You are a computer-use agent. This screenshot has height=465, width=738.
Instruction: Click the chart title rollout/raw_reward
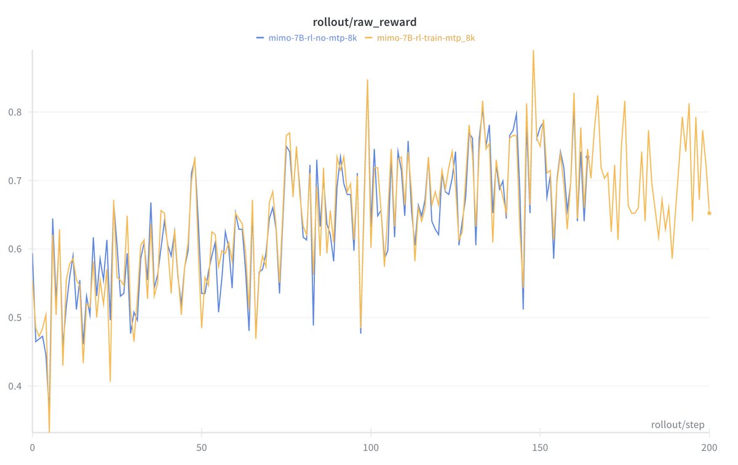[369, 23]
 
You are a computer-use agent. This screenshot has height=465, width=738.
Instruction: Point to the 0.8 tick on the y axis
[16, 112]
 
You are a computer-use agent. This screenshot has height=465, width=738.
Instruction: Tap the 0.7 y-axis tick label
[16, 181]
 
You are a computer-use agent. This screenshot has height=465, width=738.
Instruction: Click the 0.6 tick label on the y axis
[16, 249]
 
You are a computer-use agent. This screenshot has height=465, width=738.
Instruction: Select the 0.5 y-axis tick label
[16, 318]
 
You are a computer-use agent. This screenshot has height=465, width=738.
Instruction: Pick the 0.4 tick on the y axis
[16, 386]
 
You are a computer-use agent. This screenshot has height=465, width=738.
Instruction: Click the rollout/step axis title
[678, 425]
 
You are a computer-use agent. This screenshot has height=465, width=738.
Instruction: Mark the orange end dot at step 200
[709, 213]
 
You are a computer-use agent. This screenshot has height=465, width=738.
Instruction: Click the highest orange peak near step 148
[533, 51]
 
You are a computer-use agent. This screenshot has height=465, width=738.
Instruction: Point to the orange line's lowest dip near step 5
[49, 430]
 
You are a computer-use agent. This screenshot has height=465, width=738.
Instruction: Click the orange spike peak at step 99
[367, 80]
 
